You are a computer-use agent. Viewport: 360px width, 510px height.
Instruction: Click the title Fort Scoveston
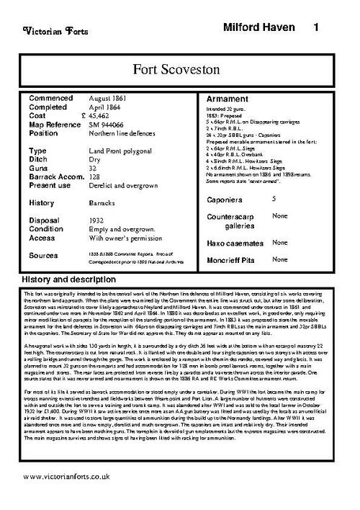point(179,69)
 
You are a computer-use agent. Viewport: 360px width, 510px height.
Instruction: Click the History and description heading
point(74,278)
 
